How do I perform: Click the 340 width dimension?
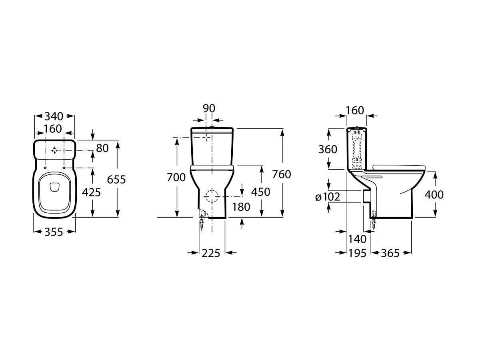point(54,116)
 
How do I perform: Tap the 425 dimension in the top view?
point(91,192)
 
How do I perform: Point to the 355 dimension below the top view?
point(54,232)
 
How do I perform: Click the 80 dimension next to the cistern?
point(102,148)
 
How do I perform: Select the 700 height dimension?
point(176,177)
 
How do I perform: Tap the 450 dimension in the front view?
point(260,192)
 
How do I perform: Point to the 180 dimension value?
point(241,207)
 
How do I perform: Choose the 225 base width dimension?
point(212,253)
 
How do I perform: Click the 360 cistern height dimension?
point(328,149)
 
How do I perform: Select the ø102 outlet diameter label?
point(328,196)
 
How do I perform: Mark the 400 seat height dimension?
point(434,194)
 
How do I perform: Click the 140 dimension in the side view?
point(357,239)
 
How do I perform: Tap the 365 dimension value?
point(391,253)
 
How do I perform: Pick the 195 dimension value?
point(357,253)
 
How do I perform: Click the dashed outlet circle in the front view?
point(212,196)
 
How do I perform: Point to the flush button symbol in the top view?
point(55,150)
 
